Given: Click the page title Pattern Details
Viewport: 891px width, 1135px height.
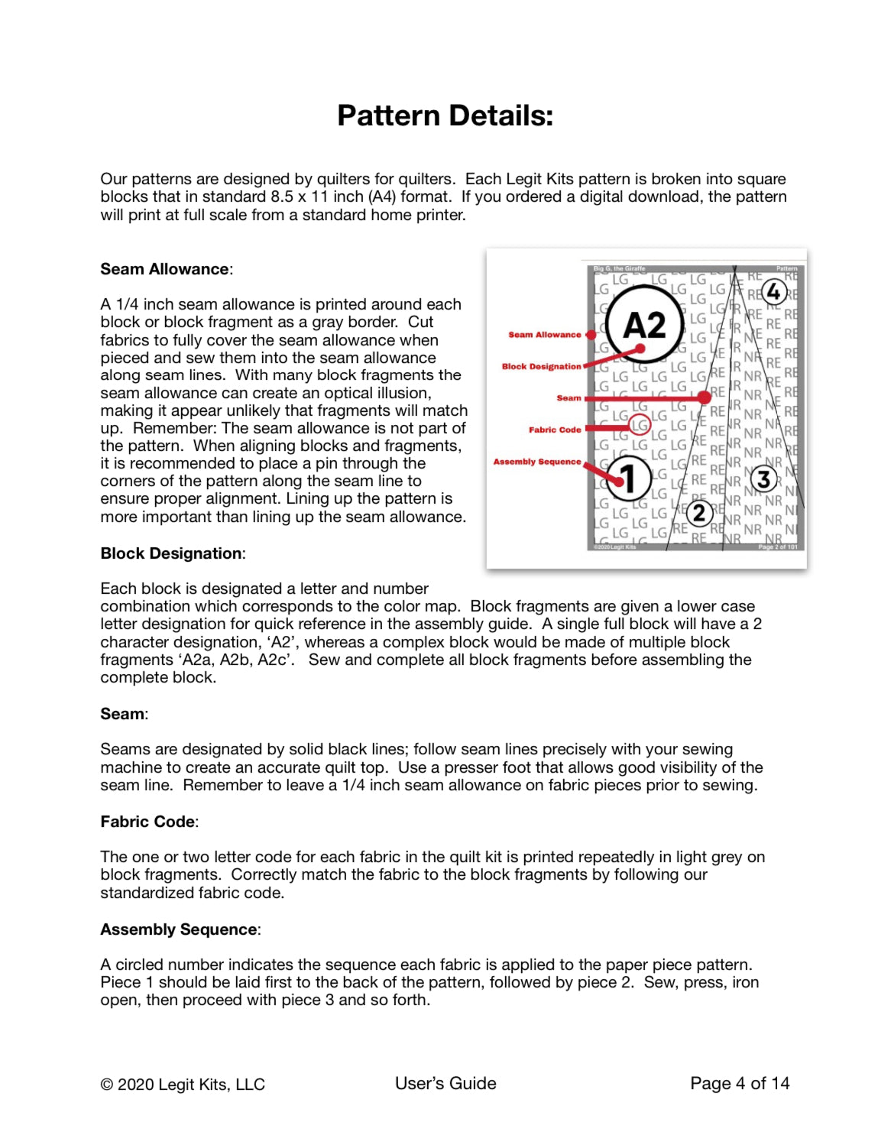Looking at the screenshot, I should tap(445, 116).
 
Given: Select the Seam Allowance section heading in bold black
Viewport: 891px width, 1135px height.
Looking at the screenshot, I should tap(165, 269).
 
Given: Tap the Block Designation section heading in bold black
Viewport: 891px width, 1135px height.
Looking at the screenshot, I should tap(171, 553).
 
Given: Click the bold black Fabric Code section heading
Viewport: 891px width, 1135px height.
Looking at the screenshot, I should tap(148, 822).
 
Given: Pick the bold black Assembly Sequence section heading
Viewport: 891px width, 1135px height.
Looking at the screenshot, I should tap(179, 929).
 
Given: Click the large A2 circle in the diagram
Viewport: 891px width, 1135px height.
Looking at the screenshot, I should tap(644, 326).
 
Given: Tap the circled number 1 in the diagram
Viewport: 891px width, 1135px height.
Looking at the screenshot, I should tap(628, 478).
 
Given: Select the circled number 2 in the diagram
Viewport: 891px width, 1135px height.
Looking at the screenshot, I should tap(698, 513).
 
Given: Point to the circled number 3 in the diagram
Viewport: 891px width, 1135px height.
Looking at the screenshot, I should tap(763, 479).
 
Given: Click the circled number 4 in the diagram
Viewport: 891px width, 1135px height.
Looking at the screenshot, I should tap(773, 292).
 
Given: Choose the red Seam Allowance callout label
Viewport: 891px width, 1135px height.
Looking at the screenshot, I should tap(544, 335).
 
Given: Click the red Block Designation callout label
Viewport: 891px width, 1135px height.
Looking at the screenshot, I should tap(541, 367).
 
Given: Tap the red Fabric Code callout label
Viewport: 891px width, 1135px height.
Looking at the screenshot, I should tap(554, 430).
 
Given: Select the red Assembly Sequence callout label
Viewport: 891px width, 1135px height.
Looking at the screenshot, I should tap(536, 462).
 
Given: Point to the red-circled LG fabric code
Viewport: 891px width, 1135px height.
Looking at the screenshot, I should tap(640, 424).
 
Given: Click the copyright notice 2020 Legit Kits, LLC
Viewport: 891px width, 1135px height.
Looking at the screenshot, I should tap(183, 1085).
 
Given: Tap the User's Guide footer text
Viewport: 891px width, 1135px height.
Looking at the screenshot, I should tap(446, 1083).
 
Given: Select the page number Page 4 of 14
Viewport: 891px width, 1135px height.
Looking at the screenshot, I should tap(739, 1083).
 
